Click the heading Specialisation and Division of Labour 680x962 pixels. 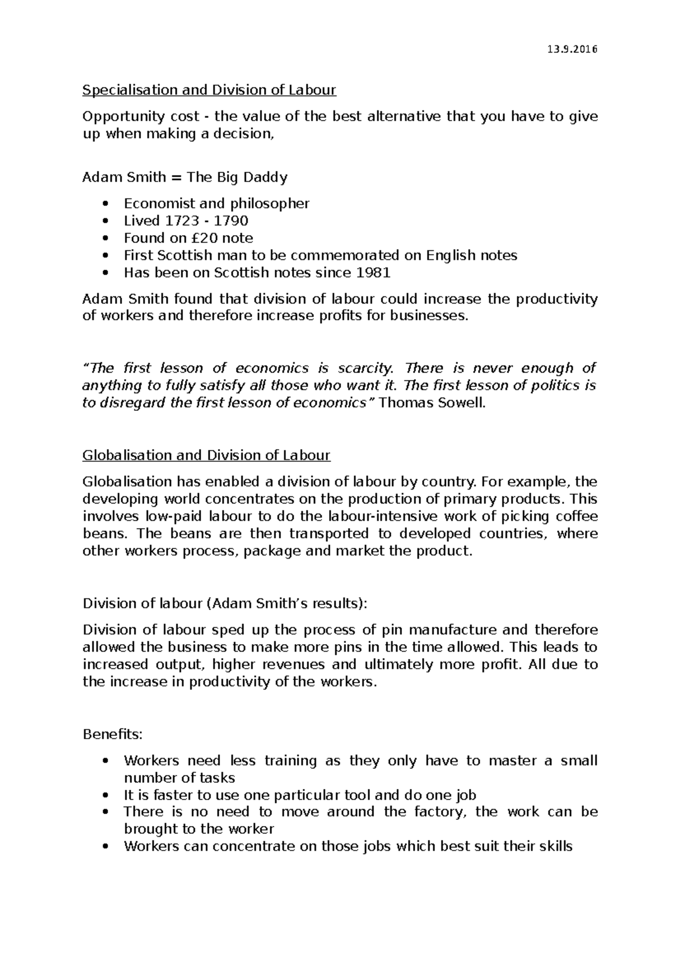209,90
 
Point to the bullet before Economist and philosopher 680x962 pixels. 105,204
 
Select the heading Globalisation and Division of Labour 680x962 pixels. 206,456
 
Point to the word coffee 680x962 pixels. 576,517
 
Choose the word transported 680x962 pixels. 329,534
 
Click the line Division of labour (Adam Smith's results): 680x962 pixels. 225,603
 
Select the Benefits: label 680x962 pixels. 113,735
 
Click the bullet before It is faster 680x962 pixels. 105,795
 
